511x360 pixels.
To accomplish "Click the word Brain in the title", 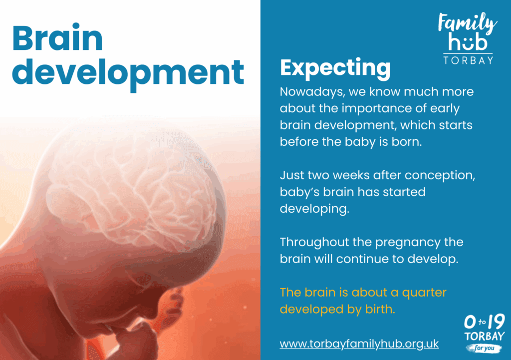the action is click(57, 37).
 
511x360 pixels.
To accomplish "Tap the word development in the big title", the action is click(128, 73).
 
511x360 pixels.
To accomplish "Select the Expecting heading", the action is click(335, 68).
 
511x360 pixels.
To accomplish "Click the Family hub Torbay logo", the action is click(468, 38).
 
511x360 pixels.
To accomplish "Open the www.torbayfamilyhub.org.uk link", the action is click(359, 344).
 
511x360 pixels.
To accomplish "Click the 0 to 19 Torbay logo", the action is click(484, 333).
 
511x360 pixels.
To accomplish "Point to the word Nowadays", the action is click(312, 92).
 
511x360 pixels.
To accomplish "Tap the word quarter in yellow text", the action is click(424, 293).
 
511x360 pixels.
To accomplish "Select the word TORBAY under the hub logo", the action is click(468, 60).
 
